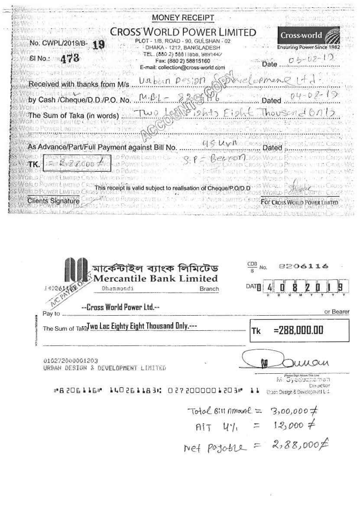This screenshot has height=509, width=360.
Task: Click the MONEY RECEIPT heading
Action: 183,18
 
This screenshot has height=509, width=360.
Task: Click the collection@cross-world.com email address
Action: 183,68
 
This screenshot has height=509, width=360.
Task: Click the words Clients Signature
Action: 53,201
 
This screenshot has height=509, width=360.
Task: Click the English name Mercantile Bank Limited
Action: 156,278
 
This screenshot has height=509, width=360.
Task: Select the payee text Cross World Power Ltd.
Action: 120,307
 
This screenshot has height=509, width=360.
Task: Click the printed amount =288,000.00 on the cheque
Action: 298,330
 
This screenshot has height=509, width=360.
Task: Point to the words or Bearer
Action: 337,312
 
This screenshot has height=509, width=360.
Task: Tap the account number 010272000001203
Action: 71,360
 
